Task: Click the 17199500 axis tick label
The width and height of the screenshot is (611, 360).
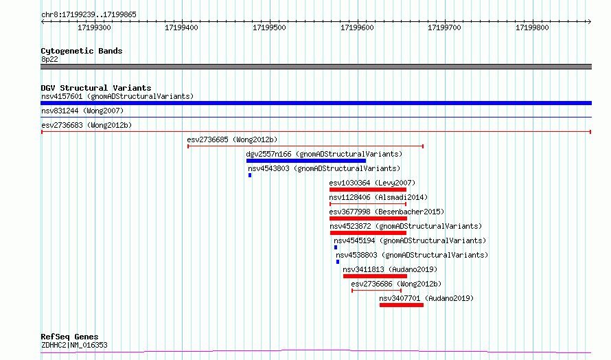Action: click(269, 27)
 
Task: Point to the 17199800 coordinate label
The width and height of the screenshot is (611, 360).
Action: click(532, 27)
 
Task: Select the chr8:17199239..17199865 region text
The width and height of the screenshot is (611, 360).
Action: click(89, 15)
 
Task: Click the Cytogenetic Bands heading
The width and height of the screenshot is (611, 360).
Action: click(82, 51)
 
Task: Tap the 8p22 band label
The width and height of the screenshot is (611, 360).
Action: click(49, 59)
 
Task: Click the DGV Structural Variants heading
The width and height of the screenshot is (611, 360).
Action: click(96, 88)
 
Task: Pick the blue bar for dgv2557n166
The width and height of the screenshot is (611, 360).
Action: click(306, 161)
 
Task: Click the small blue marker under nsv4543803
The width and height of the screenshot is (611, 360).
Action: click(250, 175)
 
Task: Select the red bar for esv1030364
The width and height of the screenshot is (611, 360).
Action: click(368, 190)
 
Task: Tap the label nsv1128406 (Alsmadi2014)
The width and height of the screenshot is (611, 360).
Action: click(378, 197)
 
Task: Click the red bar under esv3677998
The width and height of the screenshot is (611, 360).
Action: click(368, 218)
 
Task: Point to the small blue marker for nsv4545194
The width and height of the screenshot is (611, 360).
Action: click(336, 247)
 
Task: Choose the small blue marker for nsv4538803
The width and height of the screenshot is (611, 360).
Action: click(338, 262)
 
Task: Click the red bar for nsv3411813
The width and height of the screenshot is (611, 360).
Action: click(375, 276)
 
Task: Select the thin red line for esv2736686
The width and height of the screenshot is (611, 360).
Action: click(376, 291)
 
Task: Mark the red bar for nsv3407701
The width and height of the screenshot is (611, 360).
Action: click(402, 305)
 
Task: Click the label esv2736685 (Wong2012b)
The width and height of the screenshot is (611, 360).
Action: click(232, 139)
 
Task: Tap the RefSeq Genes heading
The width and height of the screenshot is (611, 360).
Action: click(69, 337)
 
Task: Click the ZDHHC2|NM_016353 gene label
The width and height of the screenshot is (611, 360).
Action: click(74, 345)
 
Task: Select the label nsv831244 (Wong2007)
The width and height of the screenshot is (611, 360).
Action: click(82, 111)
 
